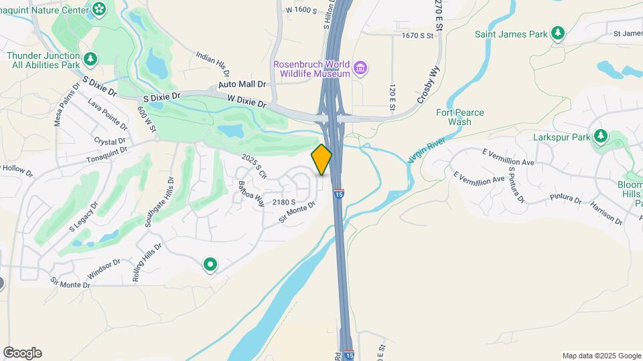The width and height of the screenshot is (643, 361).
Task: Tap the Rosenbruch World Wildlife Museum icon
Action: (x=360, y=68)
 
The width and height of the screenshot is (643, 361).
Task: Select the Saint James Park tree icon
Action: (x=557, y=33)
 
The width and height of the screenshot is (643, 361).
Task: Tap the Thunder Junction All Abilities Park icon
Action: (x=90, y=60)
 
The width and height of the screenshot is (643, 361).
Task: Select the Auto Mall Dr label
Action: (x=242, y=85)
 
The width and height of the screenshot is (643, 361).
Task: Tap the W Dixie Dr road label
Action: (x=247, y=102)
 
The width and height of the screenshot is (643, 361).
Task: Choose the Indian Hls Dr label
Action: (x=213, y=64)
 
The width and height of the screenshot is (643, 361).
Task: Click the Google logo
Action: (x=22, y=353)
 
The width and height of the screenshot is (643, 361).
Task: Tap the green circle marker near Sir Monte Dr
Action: (x=210, y=265)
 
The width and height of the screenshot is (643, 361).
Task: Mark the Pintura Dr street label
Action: (x=566, y=198)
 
